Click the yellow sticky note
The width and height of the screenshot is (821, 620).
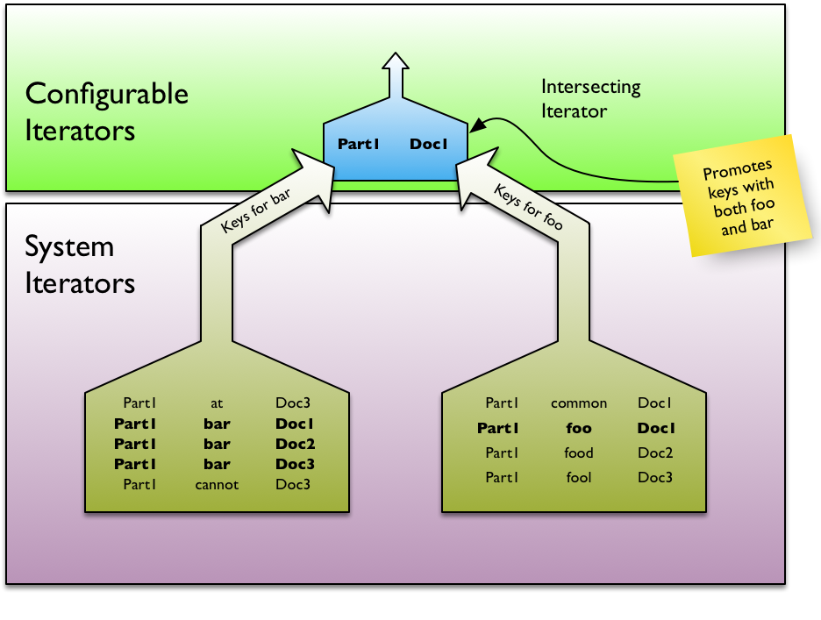[744, 195]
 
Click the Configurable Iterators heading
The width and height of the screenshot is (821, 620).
[106, 112]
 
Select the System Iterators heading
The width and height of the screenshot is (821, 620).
[80, 264]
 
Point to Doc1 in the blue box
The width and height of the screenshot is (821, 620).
[429, 144]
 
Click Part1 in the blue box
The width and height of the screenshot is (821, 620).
[358, 144]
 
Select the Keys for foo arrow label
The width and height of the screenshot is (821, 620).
[528, 207]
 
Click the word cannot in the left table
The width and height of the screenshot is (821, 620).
[217, 484]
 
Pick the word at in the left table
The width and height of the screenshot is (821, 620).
[217, 403]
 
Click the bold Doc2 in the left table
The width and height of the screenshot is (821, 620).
[295, 444]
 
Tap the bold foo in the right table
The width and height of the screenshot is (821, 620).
[579, 429]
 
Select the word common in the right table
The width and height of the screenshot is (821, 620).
[579, 403]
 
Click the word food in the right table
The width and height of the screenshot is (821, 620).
[579, 453]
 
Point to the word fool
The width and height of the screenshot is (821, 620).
[579, 478]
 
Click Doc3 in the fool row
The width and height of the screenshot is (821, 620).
[655, 478]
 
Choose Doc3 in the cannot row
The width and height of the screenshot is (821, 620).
[294, 484]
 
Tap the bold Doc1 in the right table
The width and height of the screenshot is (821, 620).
[655, 429]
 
